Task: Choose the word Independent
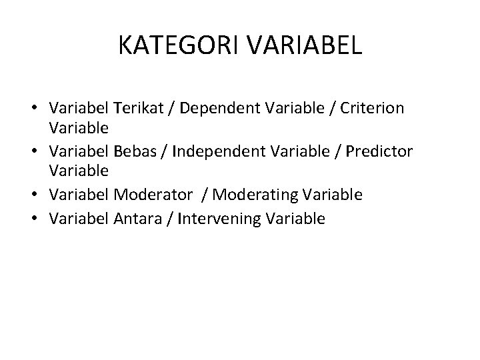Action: coord(219,151)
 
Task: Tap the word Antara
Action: coord(136,217)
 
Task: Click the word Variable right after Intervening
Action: coord(293,217)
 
